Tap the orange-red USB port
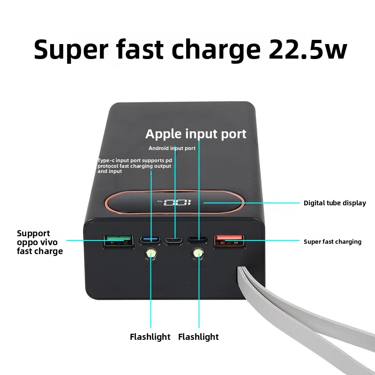229,241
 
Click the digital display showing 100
177,203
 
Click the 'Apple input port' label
195,134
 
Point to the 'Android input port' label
172,148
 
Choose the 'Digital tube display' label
335,203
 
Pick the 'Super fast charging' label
332,242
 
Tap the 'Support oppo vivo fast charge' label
40,242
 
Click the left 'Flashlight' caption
150,337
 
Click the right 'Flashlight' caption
198,337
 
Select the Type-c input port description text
134,166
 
